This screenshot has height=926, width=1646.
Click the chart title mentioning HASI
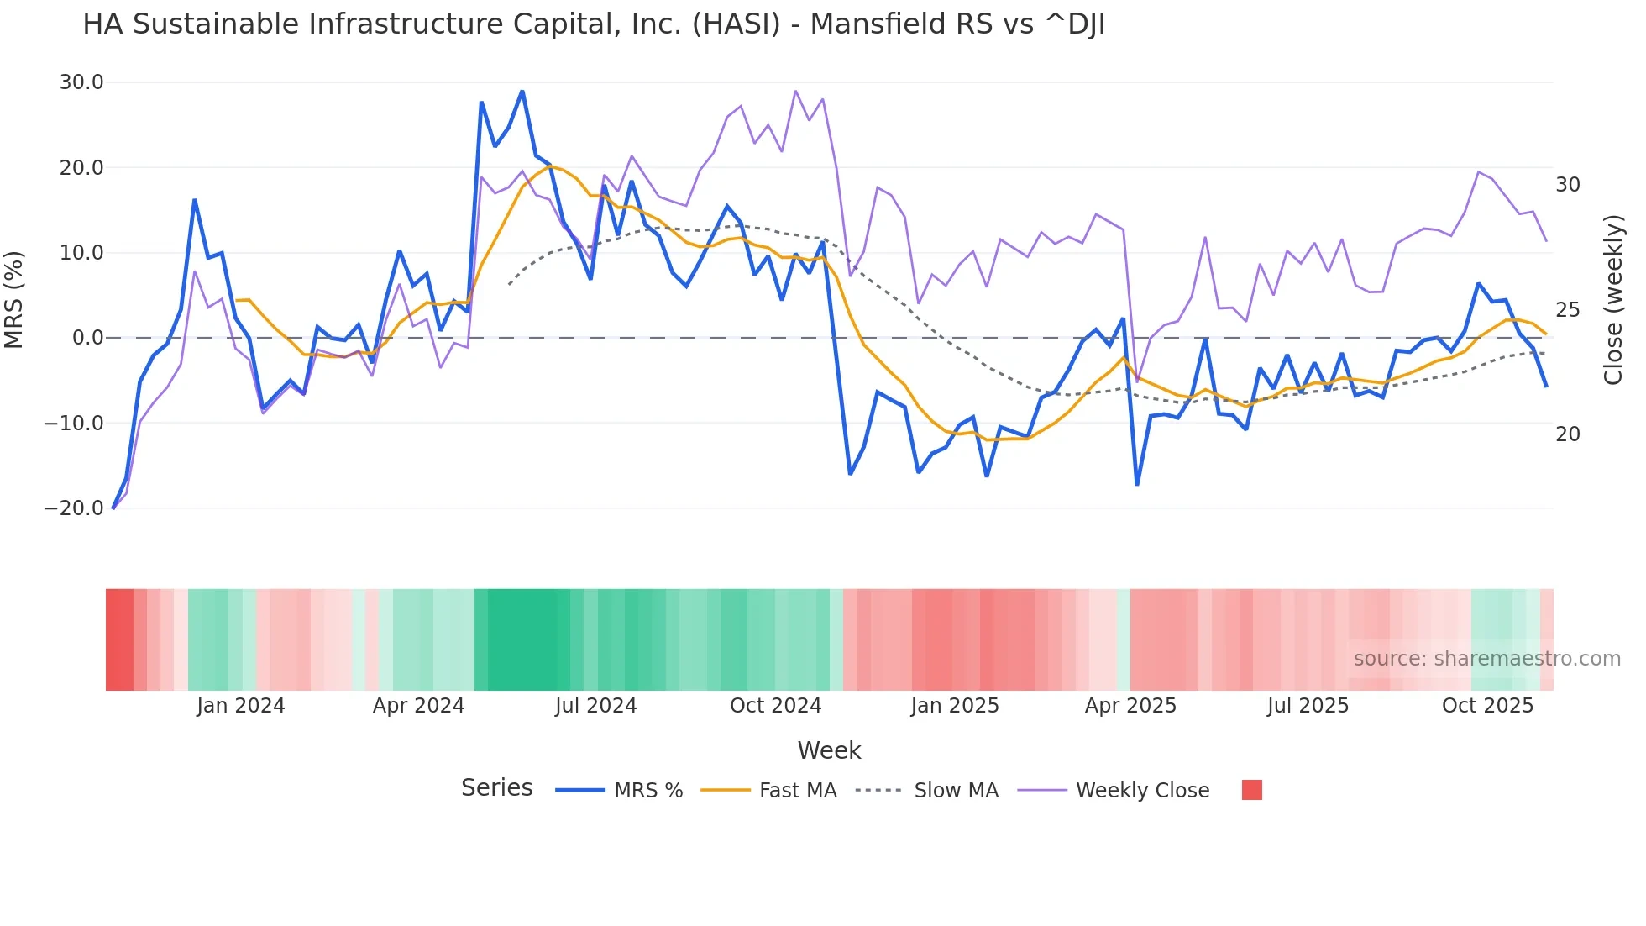click(593, 24)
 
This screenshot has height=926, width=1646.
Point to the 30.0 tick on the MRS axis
click(81, 82)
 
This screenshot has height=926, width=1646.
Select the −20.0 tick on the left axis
click(74, 508)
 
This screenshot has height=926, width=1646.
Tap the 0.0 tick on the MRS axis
click(87, 338)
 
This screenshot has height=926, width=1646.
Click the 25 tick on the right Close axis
click(1567, 310)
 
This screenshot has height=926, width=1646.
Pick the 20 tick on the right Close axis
click(1567, 434)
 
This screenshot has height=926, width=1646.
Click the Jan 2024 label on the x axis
click(240, 706)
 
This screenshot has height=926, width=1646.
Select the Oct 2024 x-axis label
click(775, 706)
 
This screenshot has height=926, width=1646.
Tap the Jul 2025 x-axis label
click(1308, 706)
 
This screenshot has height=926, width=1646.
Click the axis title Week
click(829, 750)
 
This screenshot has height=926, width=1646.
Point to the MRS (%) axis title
click(14, 299)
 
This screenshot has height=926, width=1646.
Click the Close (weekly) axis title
click(1613, 300)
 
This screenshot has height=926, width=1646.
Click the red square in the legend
click(1251, 790)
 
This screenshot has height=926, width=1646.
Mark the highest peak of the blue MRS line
click(522, 92)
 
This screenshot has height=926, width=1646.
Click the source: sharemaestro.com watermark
click(1486, 659)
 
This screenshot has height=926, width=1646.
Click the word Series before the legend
click(496, 788)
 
